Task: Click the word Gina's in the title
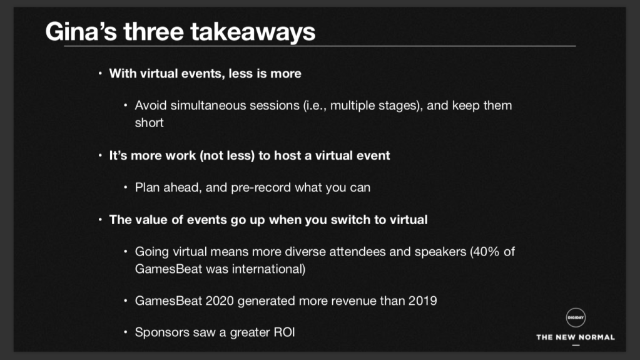(x=81, y=31)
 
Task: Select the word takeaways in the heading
(x=253, y=33)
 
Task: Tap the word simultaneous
(x=208, y=105)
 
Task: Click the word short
(x=150, y=123)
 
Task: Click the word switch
(x=350, y=220)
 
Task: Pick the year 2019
(x=422, y=301)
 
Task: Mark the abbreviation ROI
(x=284, y=332)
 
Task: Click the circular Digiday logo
(x=576, y=317)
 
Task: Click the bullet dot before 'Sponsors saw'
(x=126, y=332)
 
